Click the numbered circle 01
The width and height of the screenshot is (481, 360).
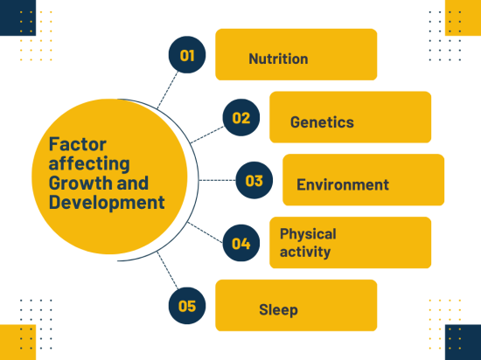click(x=187, y=55)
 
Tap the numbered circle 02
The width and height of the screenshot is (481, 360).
click(x=241, y=118)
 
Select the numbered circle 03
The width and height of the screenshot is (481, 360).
click(x=254, y=180)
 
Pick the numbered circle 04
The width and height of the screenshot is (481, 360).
click(x=241, y=243)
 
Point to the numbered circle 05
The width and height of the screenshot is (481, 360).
click(x=187, y=306)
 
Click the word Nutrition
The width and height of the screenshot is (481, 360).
click(x=278, y=59)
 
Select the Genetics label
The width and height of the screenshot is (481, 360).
click(x=322, y=122)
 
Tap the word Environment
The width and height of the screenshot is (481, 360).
click(x=343, y=184)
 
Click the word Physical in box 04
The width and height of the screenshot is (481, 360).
click(x=308, y=235)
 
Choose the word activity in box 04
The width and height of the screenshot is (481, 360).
click(x=305, y=252)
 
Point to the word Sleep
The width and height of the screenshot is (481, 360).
click(x=278, y=309)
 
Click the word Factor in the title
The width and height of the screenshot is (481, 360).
click(x=78, y=144)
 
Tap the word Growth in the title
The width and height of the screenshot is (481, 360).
click(x=80, y=183)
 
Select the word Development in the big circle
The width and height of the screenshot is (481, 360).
click(x=107, y=203)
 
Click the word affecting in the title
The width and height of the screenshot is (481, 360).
click(x=89, y=163)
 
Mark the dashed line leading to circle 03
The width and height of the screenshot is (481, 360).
click(x=217, y=180)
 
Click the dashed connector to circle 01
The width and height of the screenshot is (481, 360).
click(x=168, y=90)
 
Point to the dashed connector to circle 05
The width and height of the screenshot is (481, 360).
click(x=168, y=271)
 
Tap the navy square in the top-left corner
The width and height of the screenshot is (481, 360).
click(x=17, y=17)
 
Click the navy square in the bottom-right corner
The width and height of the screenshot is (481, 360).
click(x=463, y=343)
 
